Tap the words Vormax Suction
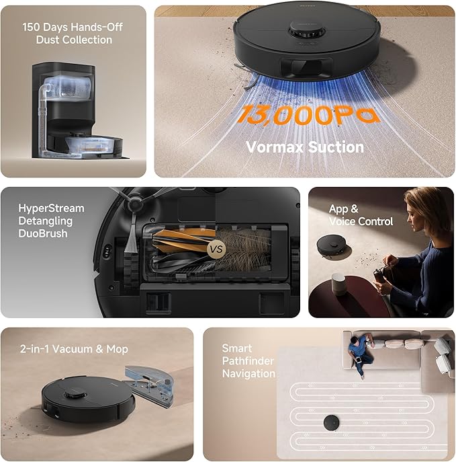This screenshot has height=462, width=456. (x=305, y=147)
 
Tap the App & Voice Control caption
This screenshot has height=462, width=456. (x=361, y=215)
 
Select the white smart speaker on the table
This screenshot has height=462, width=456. (x=341, y=282)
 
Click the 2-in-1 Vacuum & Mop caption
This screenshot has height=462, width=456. (x=74, y=349)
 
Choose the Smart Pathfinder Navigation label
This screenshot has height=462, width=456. (x=248, y=361)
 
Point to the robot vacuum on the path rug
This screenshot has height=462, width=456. (x=331, y=422)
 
